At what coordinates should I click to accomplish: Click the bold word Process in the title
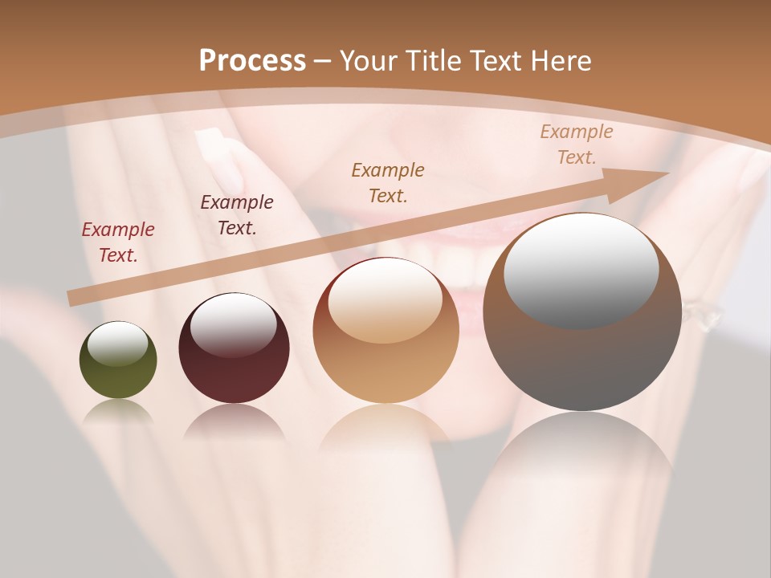252,61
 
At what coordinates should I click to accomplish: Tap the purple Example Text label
237,215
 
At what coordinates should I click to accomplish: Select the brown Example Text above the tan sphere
388,182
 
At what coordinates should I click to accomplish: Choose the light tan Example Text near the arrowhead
576,144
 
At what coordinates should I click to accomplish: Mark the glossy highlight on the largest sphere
581,269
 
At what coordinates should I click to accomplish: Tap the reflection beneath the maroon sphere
234,421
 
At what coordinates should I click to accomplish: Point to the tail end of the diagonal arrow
74,298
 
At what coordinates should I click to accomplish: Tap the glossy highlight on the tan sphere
385,301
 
